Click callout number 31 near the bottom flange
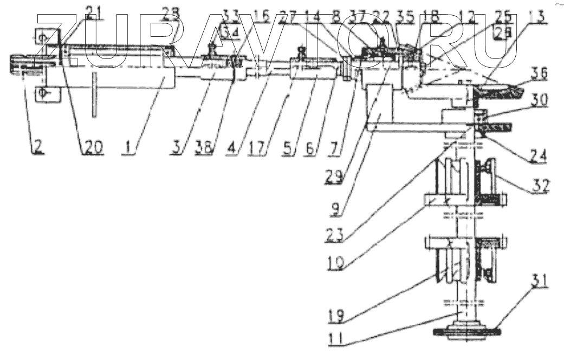537,281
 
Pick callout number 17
257,147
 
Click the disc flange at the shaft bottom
465,330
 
